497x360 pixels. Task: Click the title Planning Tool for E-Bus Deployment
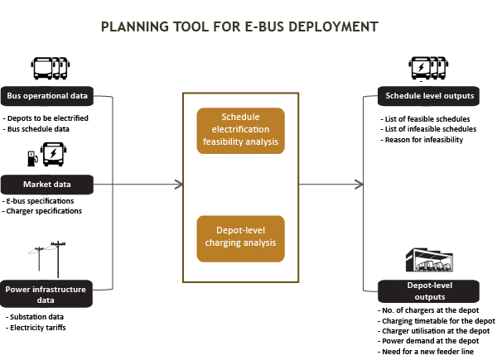coord(239,27)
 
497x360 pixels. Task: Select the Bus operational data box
coord(47,96)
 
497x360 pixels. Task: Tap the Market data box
coord(47,185)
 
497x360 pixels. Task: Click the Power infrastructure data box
coord(46,294)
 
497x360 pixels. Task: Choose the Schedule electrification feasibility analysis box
coord(240,131)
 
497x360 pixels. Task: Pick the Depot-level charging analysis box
coord(240,238)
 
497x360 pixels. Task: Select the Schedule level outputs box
coord(428,96)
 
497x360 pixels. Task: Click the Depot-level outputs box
coord(428,291)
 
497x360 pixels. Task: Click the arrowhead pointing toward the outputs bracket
coord(359,185)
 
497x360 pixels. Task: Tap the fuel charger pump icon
coord(32,158)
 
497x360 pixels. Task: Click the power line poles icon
coord(47,259)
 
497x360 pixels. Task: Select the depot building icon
coord(429,260)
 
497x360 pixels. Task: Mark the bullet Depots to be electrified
coord(46,118)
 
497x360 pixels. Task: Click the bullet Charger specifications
coord(42,211)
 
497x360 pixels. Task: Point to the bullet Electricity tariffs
coord(36,328)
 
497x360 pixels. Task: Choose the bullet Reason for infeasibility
coord(422,140)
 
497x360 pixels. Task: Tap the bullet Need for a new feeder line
coord(426,352)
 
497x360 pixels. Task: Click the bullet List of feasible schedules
coord(426,119)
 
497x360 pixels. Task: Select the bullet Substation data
coord(35,317)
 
